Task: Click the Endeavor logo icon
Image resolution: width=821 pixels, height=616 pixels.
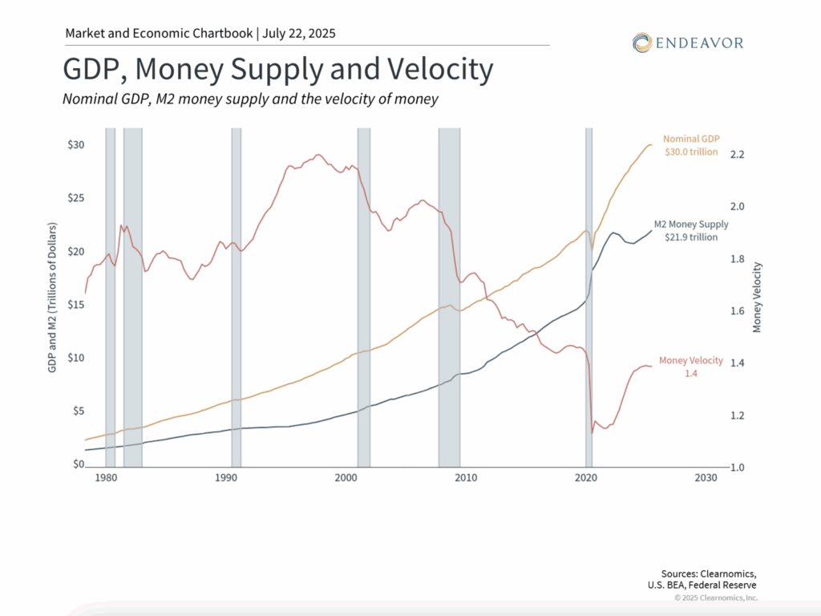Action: coord(641,43)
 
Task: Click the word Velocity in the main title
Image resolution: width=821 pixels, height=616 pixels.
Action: coord(438,71)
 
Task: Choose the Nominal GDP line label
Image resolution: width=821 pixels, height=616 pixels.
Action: coord(690,138)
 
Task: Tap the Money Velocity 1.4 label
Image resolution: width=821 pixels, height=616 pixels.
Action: coord(690,367)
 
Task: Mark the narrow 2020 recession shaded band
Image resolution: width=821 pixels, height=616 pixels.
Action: coord(588,297)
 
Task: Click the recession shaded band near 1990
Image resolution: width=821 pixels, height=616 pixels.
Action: coord(237,297)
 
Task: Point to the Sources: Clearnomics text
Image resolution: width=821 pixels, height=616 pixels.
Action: coord(708,573)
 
